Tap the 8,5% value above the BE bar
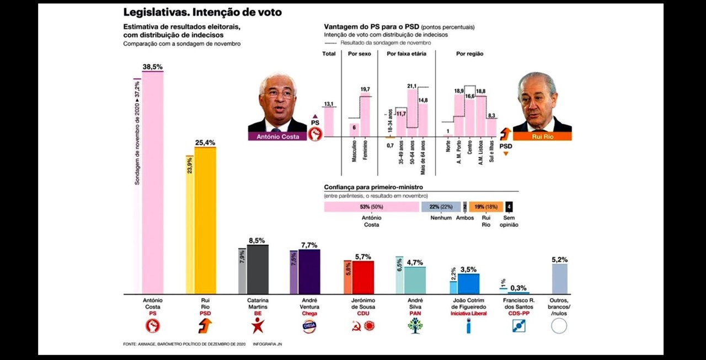[256, 240]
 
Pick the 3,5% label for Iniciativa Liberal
[468, 269]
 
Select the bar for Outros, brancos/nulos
[559, 278]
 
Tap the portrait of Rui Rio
[536, 103]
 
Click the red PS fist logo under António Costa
[152, 326]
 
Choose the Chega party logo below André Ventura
[309, 326]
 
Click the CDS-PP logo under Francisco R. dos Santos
[518, 326]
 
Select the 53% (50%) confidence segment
[371, 207]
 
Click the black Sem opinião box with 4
[509, 207]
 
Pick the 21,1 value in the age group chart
[411, 86]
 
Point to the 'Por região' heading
[469, 53]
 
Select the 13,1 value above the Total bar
[329, 104]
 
